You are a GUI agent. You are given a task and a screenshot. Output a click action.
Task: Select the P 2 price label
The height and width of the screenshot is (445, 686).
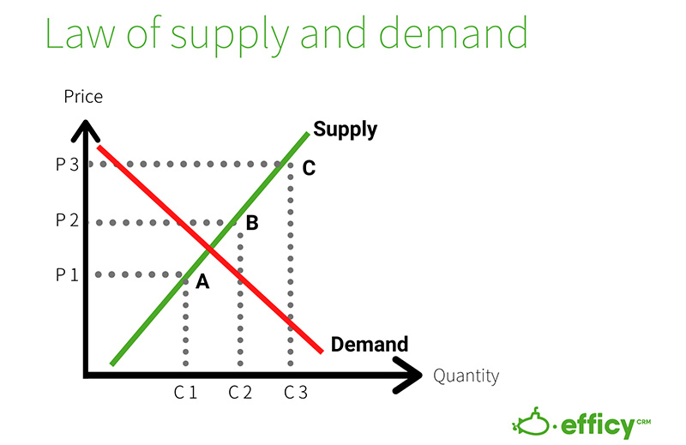point(67,220)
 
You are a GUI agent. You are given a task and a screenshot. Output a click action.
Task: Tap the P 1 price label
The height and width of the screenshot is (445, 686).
point(67,275)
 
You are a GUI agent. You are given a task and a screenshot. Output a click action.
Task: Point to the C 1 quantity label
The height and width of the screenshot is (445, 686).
point(186,393)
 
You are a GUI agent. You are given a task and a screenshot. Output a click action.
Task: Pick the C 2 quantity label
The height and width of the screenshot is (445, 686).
point(241,393)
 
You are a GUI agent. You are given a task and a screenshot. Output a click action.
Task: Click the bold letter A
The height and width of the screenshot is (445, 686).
point(202,281)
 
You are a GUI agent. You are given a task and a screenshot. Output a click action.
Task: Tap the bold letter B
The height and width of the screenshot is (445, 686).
point(252,224)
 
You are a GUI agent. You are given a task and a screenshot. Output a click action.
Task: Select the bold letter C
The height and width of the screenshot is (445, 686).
point(309,168)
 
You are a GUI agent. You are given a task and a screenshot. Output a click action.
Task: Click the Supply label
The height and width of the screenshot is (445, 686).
point(345,129)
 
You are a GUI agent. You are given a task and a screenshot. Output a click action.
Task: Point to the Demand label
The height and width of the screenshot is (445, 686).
point(369,345)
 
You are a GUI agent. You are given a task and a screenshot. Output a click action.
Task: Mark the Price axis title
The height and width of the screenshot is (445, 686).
point(83,96)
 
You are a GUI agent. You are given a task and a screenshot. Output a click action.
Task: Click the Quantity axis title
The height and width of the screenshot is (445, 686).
point(466,376)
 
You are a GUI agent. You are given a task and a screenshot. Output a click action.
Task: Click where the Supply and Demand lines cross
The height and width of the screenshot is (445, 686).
point(210,250)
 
